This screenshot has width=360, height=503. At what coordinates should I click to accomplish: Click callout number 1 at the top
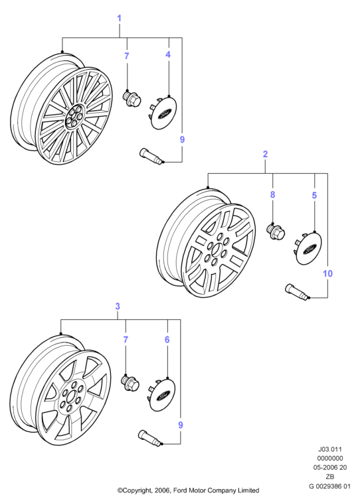[x=119, y=19]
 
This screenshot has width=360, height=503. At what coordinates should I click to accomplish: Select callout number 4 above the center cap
[x=168, y=54]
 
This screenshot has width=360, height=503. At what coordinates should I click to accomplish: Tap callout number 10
[x=327, y=273]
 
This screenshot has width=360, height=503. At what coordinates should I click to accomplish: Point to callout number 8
[x=272, y=194]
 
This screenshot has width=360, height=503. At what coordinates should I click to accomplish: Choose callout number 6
[x=167, y=339]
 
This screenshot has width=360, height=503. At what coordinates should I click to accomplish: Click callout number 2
[x=265, y=154]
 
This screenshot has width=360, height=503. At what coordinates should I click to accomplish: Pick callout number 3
[x=118, y=307]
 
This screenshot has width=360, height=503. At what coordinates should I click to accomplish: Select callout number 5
[x=314, y=195]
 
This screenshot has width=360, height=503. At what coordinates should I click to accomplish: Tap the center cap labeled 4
[x=164, y=112]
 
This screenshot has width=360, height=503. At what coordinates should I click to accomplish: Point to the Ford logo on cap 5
[x=310, y=249]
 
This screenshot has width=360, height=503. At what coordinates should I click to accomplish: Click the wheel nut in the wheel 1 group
[x=132, y=98]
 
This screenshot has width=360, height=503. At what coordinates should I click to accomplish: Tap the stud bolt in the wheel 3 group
[x=150, y=437]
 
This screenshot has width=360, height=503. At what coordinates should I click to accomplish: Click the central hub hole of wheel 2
[x=215, y=250]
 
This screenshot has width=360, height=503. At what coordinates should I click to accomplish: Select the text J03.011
[x=330, y=449]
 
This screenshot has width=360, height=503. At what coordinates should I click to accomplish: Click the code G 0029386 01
[x=330, y=486]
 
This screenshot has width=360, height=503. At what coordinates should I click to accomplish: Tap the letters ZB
[x=330, y=476]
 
